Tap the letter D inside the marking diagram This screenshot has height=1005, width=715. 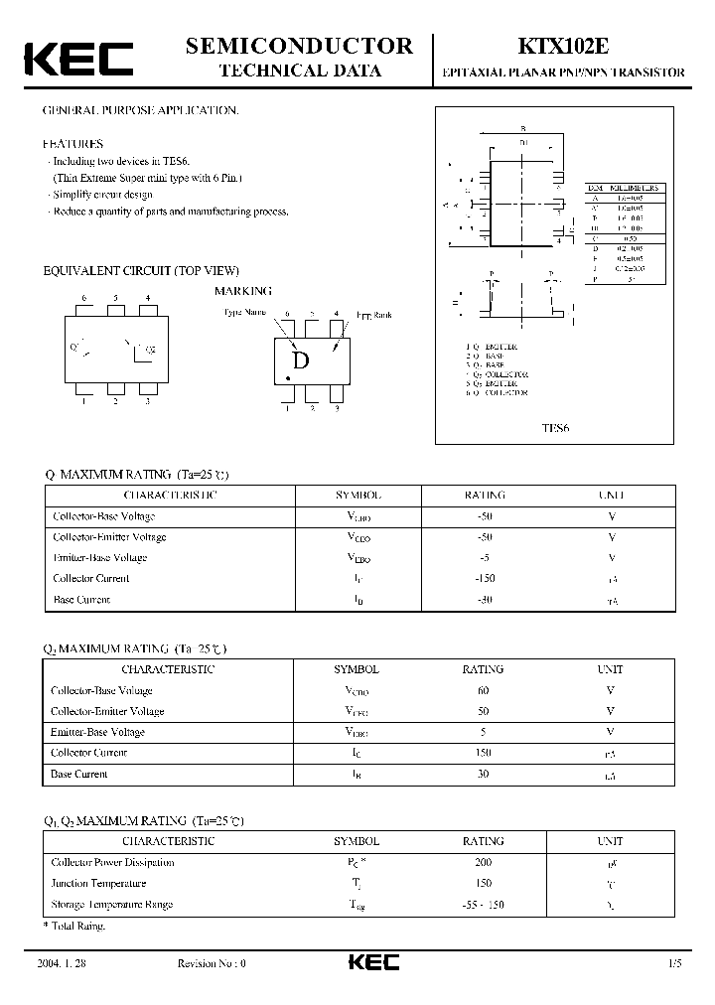tap(301, 361)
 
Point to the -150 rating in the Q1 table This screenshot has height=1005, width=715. tap(485, 578)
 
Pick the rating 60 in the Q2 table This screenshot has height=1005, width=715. tap(484, 690)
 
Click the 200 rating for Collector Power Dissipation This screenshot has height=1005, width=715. tap(484, 862)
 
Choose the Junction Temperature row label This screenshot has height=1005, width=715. tap(98, 883)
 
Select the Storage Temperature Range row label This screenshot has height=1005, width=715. tap(111, 904)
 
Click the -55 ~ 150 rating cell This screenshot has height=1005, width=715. tap(484, 904)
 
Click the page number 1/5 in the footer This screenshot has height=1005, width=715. tap(675, 963)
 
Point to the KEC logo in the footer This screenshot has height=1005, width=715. tap(373, 962)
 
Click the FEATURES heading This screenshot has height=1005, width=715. tap(72, 144)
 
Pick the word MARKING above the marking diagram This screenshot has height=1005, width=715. tap(243, 291)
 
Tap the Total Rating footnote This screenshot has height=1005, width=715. tap(75, 926)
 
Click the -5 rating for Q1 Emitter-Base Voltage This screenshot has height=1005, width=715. tap(485, 557)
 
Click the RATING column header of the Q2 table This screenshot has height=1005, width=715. tap(484, 669)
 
